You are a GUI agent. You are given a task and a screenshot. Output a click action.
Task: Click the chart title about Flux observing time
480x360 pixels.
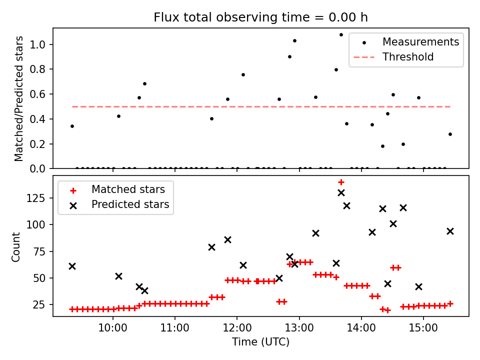click(260, 17)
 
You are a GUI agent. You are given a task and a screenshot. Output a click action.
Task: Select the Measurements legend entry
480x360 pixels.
click(420, 42)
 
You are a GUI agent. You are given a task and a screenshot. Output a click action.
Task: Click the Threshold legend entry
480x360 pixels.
click(408, 57)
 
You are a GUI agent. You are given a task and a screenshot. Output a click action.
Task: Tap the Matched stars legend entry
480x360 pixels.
click(128, 189)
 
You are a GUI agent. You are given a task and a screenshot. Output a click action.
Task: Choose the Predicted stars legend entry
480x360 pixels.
click(130, 204)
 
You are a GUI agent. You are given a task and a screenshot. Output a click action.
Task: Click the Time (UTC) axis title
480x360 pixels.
click(260, 342)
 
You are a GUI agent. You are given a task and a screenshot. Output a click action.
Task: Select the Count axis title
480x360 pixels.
click(16, 246)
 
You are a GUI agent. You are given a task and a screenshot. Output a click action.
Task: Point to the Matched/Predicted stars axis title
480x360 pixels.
click(19, 98)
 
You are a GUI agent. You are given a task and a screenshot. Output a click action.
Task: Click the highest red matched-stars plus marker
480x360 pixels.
click(341, 182)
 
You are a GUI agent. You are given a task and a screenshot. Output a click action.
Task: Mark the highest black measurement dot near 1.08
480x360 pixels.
click(341, 35)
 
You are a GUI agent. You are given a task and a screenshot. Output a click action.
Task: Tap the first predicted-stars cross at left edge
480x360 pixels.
click(72, 266)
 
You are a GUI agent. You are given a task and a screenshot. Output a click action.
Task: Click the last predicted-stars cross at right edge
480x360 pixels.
click(450, 231)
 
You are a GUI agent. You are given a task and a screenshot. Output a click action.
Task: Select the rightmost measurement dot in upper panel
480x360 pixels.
click(450, 134)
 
